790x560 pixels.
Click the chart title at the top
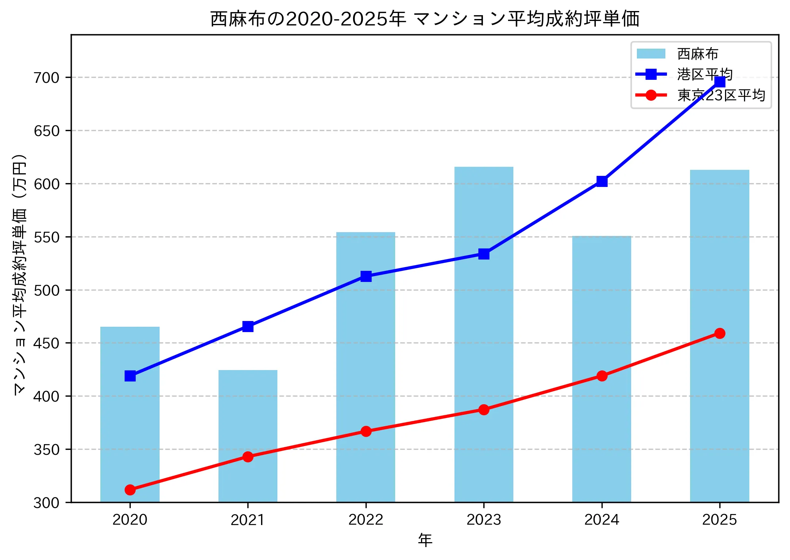coord(424,19)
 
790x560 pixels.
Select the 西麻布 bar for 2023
coord(483,334)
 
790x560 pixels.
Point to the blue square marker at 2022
coord(366,276)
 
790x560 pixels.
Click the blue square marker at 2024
coord(602,181)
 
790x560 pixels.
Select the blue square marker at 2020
coord(130,376)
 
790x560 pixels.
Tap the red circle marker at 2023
coord(483,410)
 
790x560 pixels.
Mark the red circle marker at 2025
coord(719,333)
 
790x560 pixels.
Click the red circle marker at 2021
coord(248,456)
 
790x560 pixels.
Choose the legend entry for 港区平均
coord(704,74)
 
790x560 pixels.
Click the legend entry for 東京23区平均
coord(720,95)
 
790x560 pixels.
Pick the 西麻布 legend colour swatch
coord(651,54)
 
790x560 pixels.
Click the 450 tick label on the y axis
coord(47,343)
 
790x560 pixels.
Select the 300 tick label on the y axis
coord(47,503)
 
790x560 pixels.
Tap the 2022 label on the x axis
coord(366,519)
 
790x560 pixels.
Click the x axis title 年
coord(424,540)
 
